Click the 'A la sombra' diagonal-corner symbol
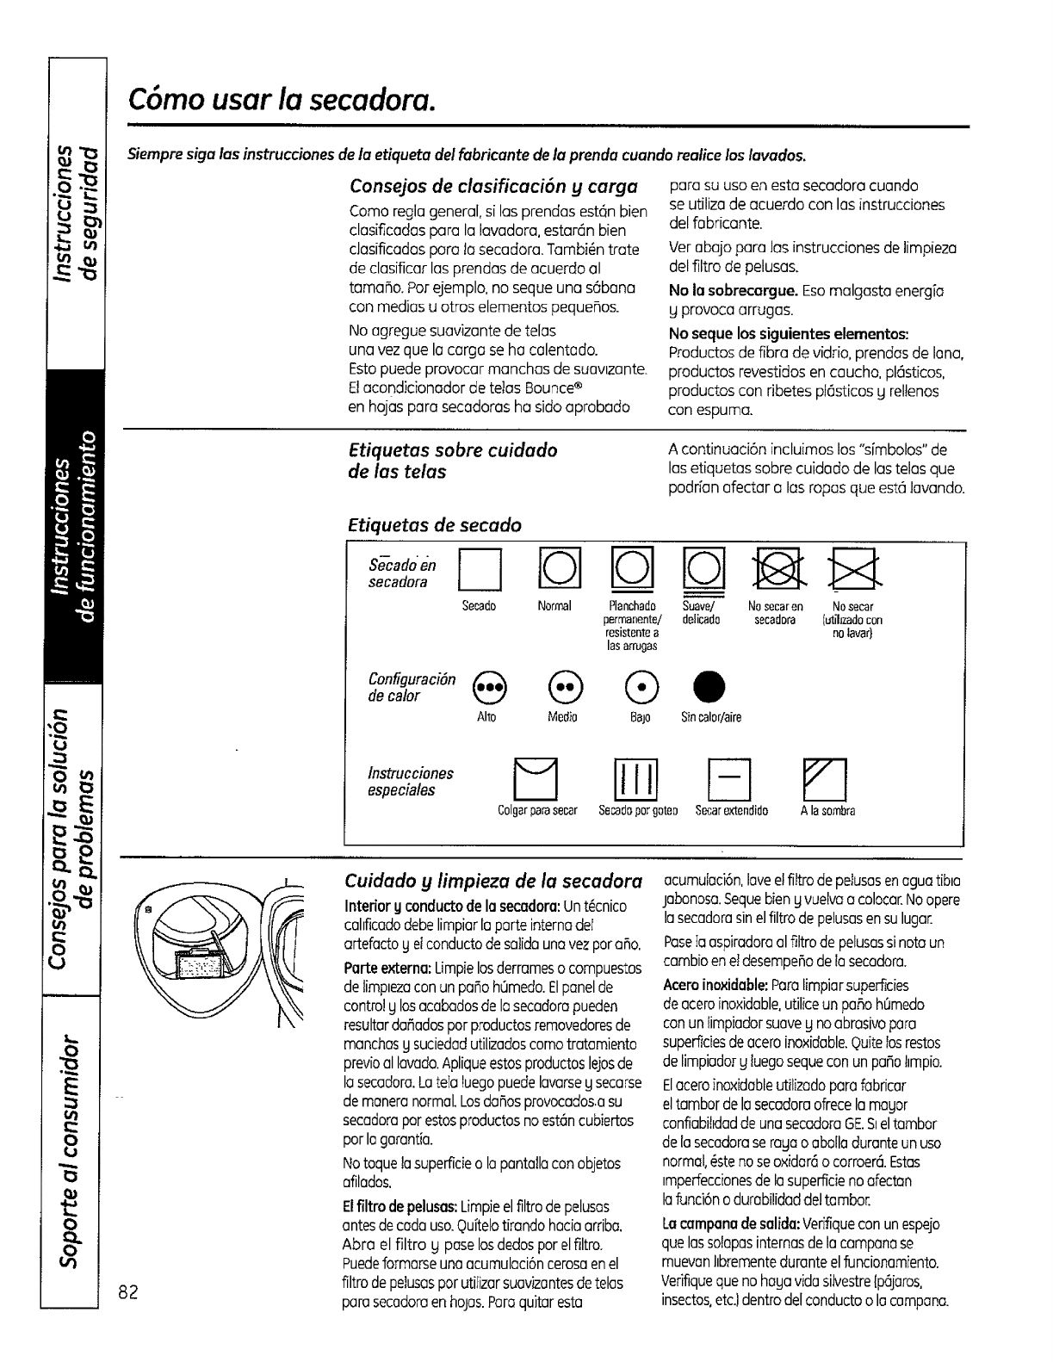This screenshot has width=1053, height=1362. (825, 779)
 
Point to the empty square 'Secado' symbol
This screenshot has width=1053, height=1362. (477, 571)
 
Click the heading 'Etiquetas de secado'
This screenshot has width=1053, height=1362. (435, 524)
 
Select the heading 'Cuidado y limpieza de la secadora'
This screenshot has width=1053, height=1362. (493, 882)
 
